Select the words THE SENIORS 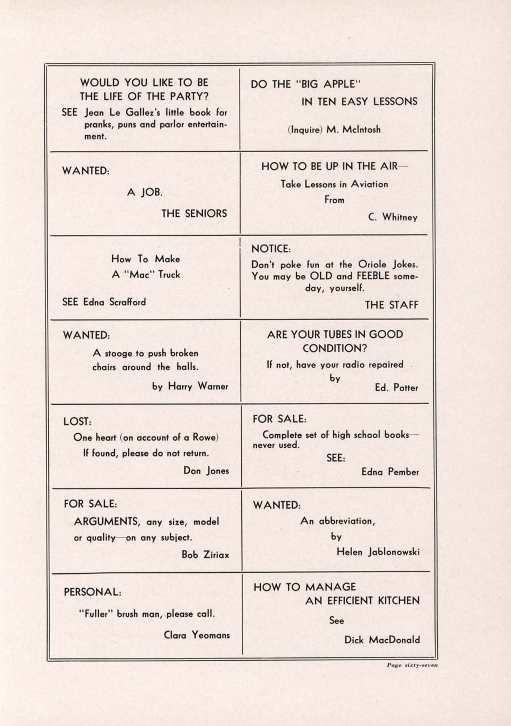(194, 213)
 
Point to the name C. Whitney (392, 217)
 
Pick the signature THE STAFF (391, 305)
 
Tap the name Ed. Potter (396, 388)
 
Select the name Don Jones (206, 471)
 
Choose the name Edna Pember (390, 472)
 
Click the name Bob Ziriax (206, 555)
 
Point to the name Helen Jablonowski (378, 552)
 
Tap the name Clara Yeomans (197, 635)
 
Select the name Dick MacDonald (382, 640)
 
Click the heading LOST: (77, 422)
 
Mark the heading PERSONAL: (92, 591)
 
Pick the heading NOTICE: (271, 249)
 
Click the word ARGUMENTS (107, 521)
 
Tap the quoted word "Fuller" (96, 614)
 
